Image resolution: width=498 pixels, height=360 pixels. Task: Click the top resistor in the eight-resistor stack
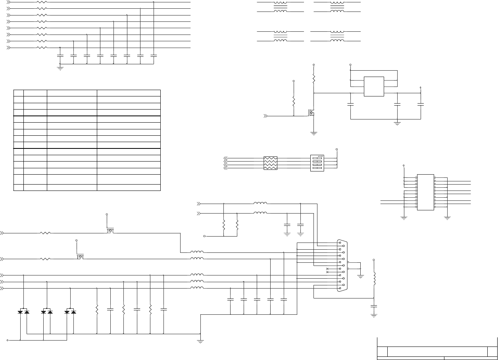coord(42,2)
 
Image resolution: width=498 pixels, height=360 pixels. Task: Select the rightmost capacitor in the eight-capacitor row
coord(154,56)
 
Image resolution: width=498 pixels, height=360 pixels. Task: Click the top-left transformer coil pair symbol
coord(280,7)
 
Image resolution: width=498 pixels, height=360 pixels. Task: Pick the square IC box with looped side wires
coord(374,86)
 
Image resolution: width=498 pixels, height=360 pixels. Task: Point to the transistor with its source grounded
coord(312,114)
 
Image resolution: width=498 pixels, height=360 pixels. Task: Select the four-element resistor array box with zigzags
coord(270,163)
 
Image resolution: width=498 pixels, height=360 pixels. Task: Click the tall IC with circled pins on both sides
coord(425,193)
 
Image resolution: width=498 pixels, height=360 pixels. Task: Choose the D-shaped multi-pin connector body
coord(341,266)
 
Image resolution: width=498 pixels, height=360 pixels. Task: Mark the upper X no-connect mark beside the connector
coord(327,269)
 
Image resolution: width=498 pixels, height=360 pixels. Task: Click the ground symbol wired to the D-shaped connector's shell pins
coord(361,276)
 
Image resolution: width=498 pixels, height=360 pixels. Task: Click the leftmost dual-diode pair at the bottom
coord(23,312)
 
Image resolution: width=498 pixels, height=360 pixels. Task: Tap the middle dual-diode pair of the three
coord(47,312)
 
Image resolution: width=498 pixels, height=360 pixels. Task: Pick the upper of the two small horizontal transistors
coord(110,231)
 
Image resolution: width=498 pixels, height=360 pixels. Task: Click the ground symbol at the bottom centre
coord(200,341)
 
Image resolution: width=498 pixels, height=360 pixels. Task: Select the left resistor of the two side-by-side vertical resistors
coord(224,225)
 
